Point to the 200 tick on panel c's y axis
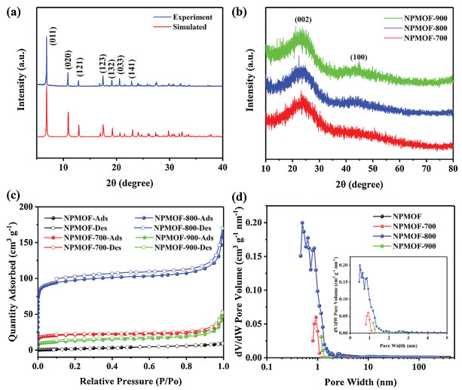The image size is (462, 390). tap(27, 207)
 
